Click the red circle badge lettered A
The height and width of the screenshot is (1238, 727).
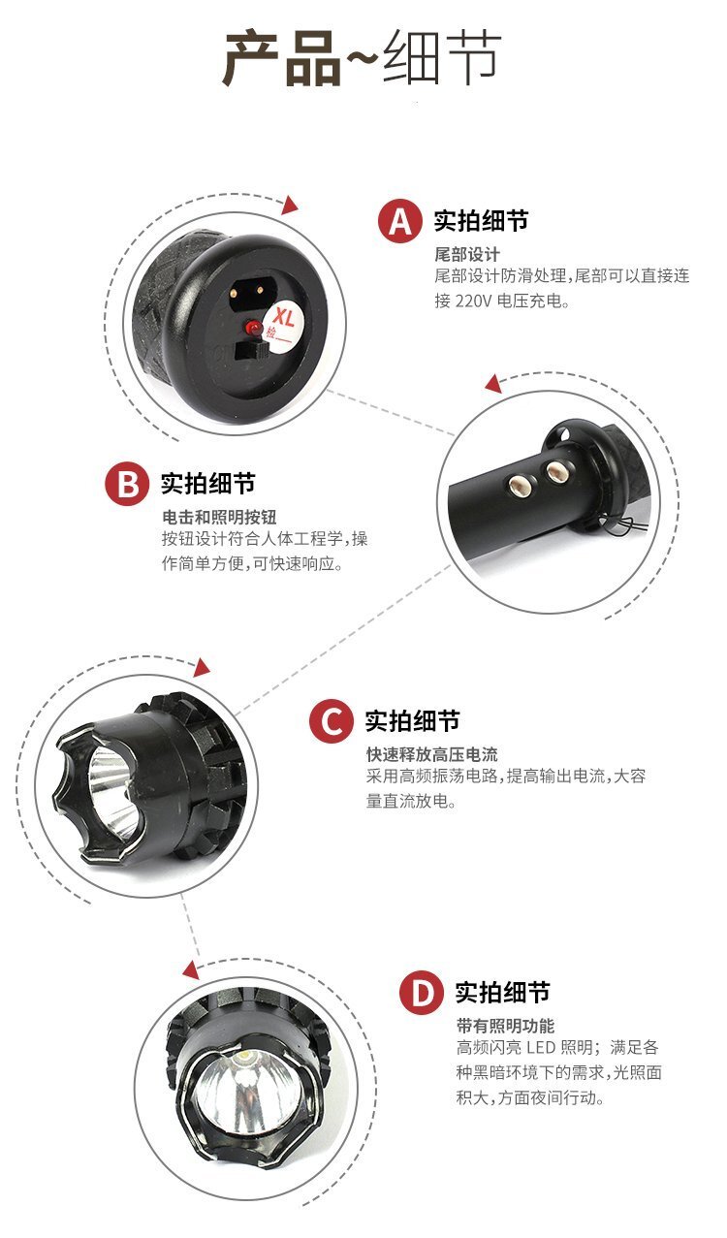tap(399, 221)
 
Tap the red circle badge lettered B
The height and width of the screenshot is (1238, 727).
tap(127, 485)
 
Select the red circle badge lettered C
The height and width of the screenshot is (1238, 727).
tap(331, 721)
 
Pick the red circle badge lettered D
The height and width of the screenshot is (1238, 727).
tap(422, 993)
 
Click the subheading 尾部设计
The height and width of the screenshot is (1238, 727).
tap(467, 255)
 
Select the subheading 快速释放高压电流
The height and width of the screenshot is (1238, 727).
tap(431, 754)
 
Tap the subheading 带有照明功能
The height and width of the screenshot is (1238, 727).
tap(505, 1026)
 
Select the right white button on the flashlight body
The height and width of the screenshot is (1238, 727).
tap(555, 471)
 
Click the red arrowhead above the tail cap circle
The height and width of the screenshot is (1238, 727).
tap(289, 205)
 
